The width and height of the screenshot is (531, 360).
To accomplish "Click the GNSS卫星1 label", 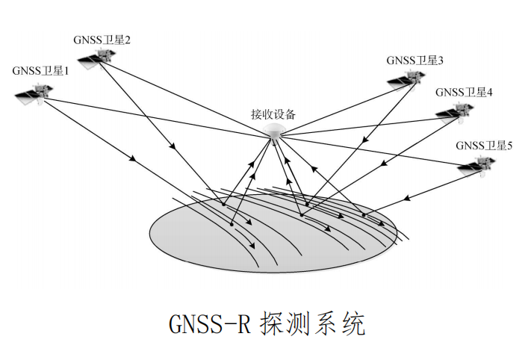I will coord(40,72).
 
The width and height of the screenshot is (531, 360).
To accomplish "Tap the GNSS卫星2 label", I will coord(102,40).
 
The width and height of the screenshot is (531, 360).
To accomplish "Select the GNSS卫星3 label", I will coord(415,60).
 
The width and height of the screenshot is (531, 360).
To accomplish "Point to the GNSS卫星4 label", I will coord(464,93).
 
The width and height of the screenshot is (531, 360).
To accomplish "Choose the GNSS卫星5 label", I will coord(484,146).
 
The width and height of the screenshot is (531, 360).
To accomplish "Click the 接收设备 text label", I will coord(274,114).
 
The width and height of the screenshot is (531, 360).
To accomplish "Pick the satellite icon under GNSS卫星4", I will coord(456,112).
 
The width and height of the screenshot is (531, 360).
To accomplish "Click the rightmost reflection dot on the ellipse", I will coord(364,216).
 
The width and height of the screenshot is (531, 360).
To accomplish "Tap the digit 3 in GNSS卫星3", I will coord(441,60).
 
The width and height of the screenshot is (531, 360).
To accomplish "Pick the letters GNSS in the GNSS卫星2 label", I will coord(88,40).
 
